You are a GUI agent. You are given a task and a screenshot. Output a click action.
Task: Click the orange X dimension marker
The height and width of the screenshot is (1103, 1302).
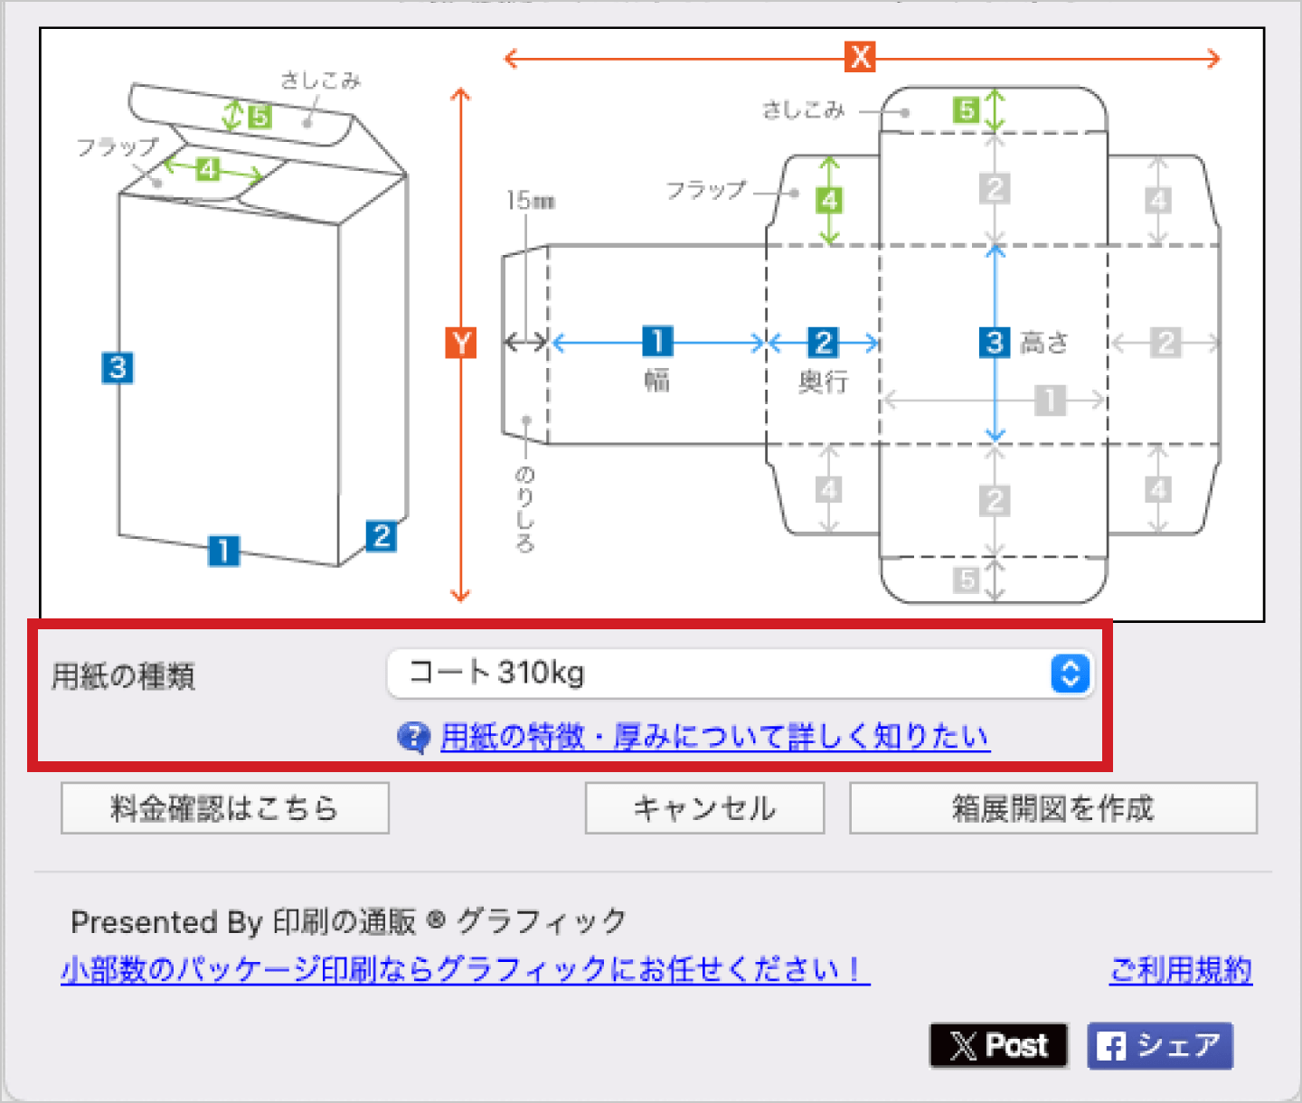(x=860, y=57)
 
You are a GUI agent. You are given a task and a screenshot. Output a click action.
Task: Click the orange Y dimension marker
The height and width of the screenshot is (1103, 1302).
(x=460, y=343)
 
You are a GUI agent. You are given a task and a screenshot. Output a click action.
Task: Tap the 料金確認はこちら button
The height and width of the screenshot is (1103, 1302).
(x=225, y=808)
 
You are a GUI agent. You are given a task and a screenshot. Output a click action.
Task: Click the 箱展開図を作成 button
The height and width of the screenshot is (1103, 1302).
(x=1053, y=808)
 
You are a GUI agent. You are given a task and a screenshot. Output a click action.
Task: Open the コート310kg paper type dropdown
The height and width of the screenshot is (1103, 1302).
(x=741, y=674)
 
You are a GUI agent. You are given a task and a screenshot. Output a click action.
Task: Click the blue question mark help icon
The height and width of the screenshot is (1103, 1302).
(x=413, y=737)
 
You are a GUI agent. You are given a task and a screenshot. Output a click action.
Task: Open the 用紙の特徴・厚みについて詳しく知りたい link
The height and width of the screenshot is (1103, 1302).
(x=715, y=736)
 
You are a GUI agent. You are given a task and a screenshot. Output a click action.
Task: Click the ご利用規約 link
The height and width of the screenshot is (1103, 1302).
(x=1181, y=970)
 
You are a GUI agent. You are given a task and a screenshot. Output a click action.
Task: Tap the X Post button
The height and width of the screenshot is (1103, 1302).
(x=998, y=1046)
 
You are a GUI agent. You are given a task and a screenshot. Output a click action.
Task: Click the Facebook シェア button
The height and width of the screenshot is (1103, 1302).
(x=1160, y=1046)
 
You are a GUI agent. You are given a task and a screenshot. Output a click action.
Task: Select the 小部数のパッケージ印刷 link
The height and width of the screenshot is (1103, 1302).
(x=466, y=970)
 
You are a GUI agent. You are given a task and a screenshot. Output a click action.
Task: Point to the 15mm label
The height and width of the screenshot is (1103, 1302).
(x=531, y=201)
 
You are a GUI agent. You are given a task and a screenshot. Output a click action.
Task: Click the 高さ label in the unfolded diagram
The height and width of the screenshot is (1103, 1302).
(x=1044, y=343)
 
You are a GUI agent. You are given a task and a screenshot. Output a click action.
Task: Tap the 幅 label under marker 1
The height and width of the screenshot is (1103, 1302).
(x=657, y=381)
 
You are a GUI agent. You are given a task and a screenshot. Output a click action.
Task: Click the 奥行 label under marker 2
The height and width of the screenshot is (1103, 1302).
(x=824, y=382)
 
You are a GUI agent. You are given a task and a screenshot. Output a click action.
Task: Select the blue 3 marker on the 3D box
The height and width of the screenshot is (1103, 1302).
(x=118, y=368)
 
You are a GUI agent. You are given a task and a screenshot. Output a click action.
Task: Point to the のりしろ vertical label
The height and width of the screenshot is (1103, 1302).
(x=524, y=510)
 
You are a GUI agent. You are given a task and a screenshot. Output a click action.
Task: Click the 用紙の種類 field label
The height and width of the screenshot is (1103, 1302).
(x=124, y=676)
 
